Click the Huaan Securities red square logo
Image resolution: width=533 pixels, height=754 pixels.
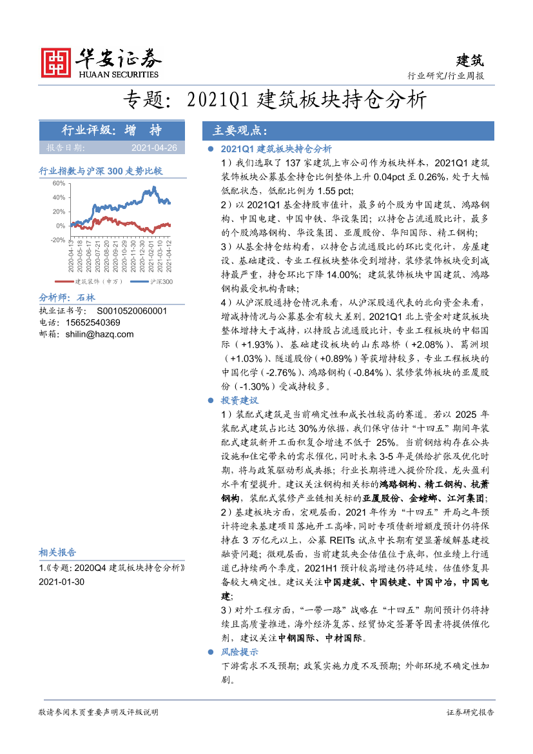[x=55, y=62]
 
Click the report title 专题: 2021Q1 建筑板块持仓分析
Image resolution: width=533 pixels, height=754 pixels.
[x=275, y=101]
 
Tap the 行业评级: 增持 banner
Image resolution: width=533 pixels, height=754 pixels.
[x=112, y=130]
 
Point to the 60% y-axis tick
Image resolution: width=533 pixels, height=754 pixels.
[x=59, y=183]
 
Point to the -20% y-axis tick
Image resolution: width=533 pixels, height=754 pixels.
[x=57, y=240]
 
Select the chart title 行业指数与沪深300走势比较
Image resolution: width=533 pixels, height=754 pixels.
[x=101, y=171]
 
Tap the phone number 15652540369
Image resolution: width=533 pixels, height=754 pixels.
[x=93, y=322]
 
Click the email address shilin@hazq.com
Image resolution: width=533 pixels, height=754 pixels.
[x=99, y=334]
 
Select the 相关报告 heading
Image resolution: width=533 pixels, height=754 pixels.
[x=57, y=553]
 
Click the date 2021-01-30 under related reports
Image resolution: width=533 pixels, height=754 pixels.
[x=61, y=581]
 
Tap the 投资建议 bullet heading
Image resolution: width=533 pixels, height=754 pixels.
[x=239, y=401]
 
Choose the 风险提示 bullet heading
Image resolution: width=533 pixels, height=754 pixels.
[x=239, y=652]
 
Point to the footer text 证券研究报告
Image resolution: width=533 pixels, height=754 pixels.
[x=470, y=712]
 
